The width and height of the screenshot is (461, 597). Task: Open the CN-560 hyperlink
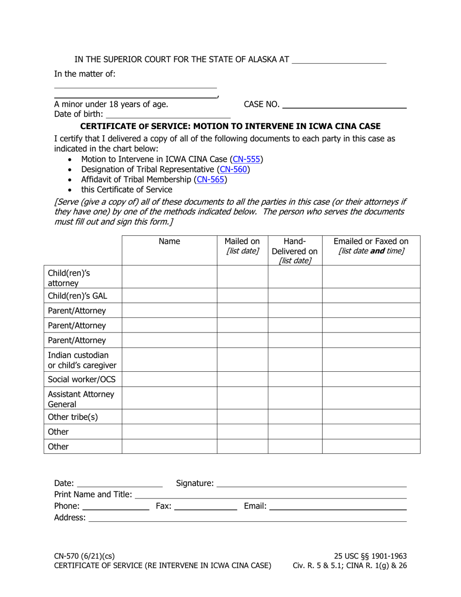pos(234,169)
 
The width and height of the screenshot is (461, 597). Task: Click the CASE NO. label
pos(262,104)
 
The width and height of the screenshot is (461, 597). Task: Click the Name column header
pos(169,242)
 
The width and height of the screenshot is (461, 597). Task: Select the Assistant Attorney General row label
pos(81,399)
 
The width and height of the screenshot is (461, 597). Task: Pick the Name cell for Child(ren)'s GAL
pos(169,296)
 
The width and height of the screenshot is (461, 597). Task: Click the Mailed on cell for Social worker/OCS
pos(242,379)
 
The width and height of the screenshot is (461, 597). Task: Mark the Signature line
pos(311,483)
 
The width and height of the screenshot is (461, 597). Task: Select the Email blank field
pos(338,507)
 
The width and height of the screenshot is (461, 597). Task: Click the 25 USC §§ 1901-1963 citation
pos(370,556)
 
